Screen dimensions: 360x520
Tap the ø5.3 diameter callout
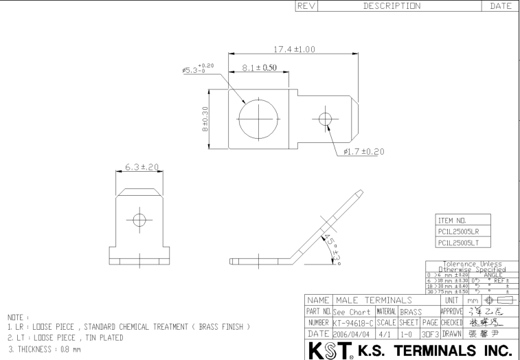197,69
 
